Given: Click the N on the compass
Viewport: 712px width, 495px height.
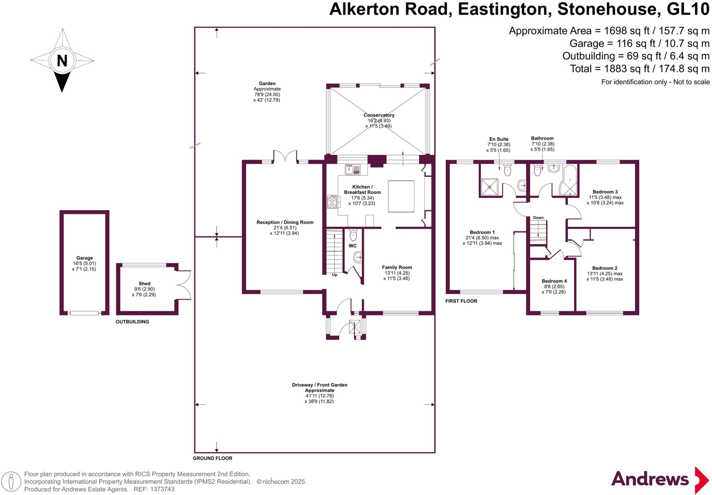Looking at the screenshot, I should tap(62, 61).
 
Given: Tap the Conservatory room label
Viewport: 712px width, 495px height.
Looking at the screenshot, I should tap(379, 115).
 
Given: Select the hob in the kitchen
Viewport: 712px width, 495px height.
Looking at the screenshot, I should tap(332, 202).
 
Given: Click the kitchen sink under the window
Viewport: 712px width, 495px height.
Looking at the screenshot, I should tap(353, 170).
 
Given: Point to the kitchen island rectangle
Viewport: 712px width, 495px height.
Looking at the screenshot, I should tap(401, 196).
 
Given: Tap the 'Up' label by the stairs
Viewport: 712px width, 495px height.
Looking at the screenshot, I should tap(334, 275).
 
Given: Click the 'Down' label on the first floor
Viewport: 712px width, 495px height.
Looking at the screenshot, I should tap(538, 218).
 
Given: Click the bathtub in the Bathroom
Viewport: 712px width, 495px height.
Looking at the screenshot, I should tap(569, 181).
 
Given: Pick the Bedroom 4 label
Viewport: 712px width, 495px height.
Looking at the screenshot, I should tap(554, 281).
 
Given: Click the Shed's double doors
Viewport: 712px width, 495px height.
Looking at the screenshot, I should tap(184, 285).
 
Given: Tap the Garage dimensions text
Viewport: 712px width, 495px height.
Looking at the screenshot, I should tap(84, 266).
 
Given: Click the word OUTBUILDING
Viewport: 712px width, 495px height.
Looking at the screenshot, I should tap(132, 322).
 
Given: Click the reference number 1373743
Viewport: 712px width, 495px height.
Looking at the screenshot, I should tap(162, 489).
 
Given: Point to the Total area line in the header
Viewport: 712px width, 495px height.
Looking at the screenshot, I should tap(639, 69).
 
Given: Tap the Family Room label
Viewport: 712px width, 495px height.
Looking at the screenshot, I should tap(397, 267).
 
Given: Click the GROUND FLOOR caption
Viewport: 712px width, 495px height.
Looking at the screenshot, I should tap(212, 458).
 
